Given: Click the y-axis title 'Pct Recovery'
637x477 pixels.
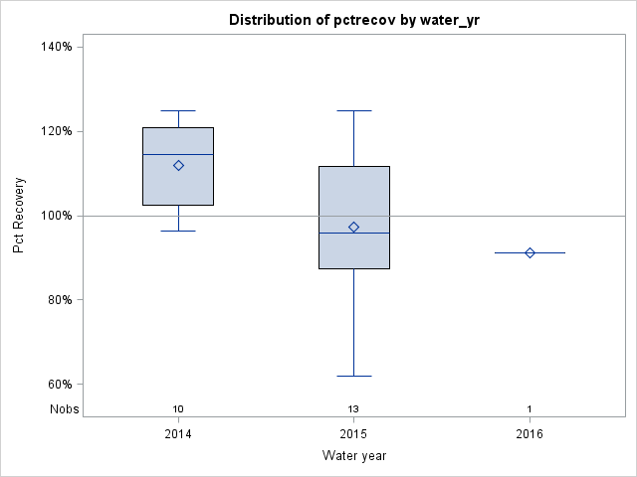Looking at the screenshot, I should pos(19,216).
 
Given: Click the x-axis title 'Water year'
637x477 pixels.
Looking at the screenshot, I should pos(354,455).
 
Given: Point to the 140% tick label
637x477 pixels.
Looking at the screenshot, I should pos(55,47).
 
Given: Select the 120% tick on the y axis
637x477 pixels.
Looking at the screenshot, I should pos(55,131).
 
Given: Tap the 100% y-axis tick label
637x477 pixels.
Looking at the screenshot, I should pos(55,216).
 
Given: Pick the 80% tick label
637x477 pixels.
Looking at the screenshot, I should pos(58,300).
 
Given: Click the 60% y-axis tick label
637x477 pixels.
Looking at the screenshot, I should pos(58,385).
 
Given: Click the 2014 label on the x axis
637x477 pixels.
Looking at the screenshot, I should pos(178,434).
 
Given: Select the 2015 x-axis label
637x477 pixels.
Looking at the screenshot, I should pos(354,434).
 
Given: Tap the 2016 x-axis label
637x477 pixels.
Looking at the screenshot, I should pos(530,434).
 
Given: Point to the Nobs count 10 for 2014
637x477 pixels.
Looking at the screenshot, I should pos(178,408).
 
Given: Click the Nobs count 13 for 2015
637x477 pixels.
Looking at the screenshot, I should pos(354,408).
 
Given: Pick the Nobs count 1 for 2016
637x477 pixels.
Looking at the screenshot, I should pos(530,408).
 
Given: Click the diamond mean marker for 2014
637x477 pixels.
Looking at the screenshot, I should pos(178,165).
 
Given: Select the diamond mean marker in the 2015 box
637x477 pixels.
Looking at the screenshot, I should pos(354,228).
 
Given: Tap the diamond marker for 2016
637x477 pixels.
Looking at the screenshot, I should pos(530,252).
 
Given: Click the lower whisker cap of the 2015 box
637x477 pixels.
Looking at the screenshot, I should pos(354,376).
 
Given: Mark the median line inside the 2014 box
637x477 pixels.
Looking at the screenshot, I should pos(178,154).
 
